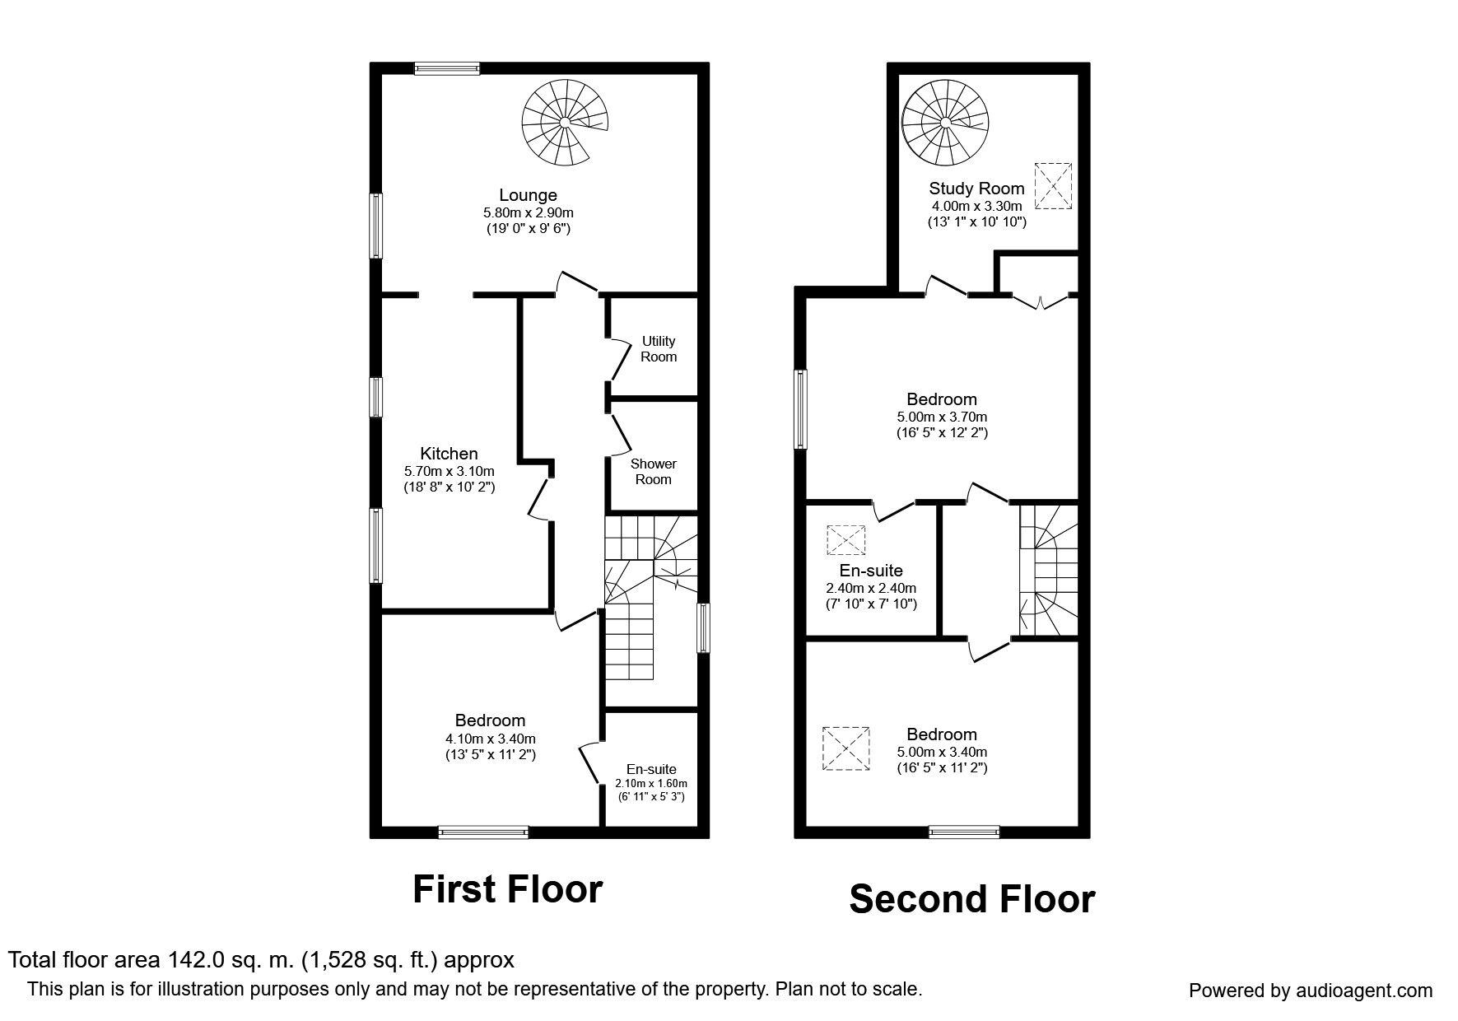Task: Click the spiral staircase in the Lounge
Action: pyautogui.click(x=566, y=122)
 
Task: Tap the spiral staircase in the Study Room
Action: pyautogui.click(x=944, y=122)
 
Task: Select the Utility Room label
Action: pyautogui.click(x=659, y=348)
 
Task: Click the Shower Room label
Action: pyautogui.click(x=653, y=472)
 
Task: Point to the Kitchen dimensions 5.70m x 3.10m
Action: pyautogui.click(x=449, y=471)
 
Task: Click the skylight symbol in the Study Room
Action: pyautogui.click(x=1053, y=187)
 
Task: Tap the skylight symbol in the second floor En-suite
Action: pyautogui.click(x=846, y=540)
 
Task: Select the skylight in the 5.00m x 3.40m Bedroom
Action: pyautogui.click(x=846, y=748)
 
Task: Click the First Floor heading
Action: pyautogui.click(x=507, y=889)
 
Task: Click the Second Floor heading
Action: pyautogui.click(x=971, y=899)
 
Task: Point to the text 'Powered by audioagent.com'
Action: pyautogui.click(x=1311, y=991)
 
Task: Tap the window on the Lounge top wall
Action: pyautogui.click(x=446, y=69)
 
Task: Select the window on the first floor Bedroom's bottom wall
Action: pyautogui.click(x=483, y=832)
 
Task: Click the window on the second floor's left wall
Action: pyautogui.click(x=801, y=409)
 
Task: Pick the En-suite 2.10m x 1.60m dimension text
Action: pyautogui.click(x=651, y=783)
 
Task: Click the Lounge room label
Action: pyautogui.click(x=528, y=195)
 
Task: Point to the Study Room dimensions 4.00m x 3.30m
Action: pyautogui.click(x=976, y=206)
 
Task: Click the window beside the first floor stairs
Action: pyautogui.click(x=703, y=628)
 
